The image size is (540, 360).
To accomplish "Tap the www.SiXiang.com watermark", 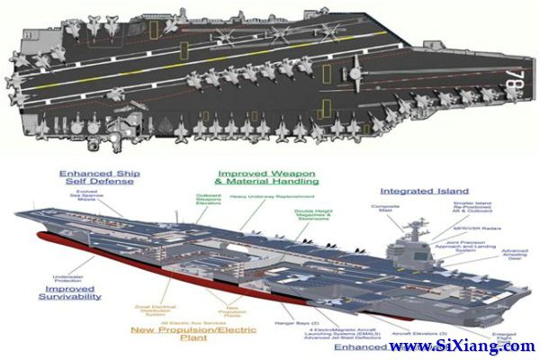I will tap(460, 346).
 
